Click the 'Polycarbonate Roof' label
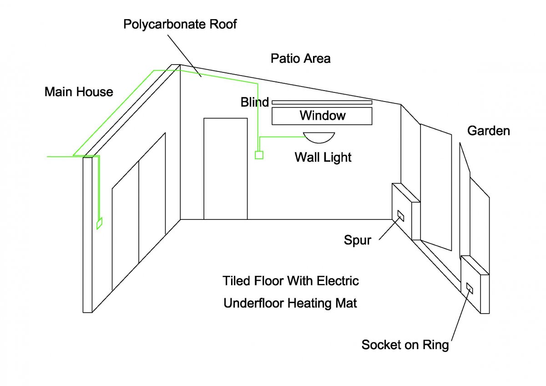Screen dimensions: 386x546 pos(180,24)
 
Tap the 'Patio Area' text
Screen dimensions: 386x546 pos(300,58)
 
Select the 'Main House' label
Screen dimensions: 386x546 pos(78,92)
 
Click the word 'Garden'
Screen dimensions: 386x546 pos(489,131)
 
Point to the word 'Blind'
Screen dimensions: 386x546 pos(254,102)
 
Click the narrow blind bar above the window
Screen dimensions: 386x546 pos(322,102)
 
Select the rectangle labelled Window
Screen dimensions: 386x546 pos(322,116)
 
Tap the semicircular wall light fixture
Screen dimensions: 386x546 pos(319,137)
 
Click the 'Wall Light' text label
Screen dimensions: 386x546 pos(323,157)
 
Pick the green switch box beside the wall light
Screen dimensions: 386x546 pos(259,155)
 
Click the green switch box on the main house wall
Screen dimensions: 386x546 pos(99,223)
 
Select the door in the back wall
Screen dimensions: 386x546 pos(226,168)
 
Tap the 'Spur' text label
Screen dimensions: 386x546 pos(357,240)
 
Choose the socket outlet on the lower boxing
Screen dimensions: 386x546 pos(470,288)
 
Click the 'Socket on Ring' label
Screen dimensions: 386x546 pos(405,345)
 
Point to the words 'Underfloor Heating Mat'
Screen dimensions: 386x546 pos(290,303)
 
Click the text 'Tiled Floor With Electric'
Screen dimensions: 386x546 pos(290,281)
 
